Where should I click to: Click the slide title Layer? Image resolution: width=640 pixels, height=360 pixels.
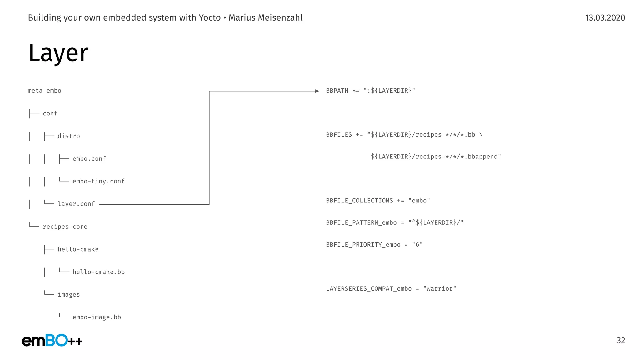58,53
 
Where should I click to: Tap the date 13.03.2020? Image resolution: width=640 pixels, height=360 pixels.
605,18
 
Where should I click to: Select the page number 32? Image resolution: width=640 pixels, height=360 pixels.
621,340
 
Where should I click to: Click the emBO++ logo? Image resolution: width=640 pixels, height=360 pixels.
52,340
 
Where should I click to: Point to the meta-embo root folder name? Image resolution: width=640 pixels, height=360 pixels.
44,91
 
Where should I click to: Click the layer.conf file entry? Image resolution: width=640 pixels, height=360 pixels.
76,204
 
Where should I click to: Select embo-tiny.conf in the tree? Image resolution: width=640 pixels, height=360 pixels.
98,181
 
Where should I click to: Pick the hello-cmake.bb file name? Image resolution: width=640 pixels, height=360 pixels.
98,272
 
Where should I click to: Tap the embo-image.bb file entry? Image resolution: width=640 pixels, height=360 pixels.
97,317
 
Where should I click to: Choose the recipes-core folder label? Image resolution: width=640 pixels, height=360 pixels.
65,227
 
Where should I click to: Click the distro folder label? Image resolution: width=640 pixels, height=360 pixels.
69,136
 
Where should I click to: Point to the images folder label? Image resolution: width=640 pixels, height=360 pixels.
69,295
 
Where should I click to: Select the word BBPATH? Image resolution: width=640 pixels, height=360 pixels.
337,91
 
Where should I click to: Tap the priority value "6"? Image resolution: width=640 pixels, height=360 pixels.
417,245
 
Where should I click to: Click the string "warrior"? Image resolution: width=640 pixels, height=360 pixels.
440,289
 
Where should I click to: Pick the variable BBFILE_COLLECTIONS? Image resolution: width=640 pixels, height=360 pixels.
359,201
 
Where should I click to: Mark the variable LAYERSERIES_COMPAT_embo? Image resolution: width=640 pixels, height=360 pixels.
369,289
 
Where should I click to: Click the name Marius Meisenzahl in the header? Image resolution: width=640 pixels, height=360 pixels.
266,18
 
